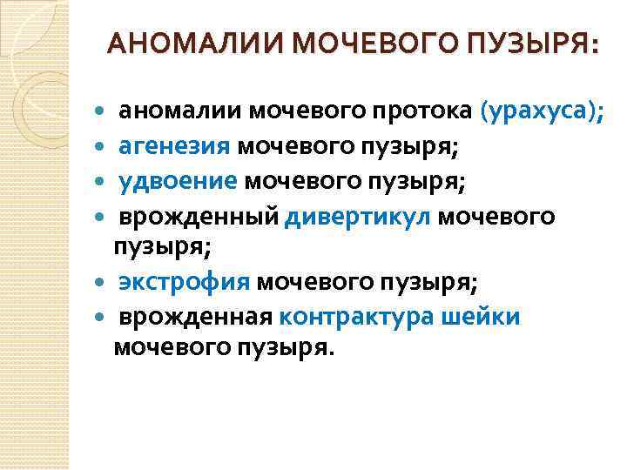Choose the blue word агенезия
(175, 145)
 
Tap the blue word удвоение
(178, 180)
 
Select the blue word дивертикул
(358, 215)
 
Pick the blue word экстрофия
(185, 283)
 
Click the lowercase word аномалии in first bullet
(180, 112)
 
